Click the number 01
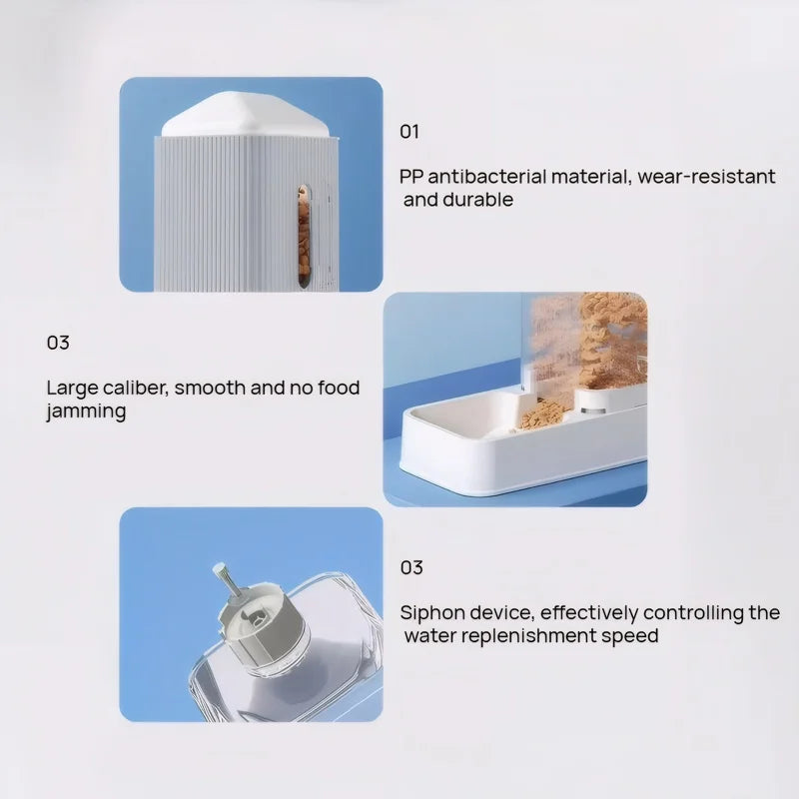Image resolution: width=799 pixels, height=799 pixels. coord(409,132)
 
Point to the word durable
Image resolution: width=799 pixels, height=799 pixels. coord(478,200)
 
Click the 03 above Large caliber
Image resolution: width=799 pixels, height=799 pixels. coord(58,343)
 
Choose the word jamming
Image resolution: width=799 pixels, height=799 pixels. coord(86,410)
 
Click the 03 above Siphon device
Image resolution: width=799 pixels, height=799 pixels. coord(411,567)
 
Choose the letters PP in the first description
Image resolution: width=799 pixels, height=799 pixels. coord(411,177)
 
